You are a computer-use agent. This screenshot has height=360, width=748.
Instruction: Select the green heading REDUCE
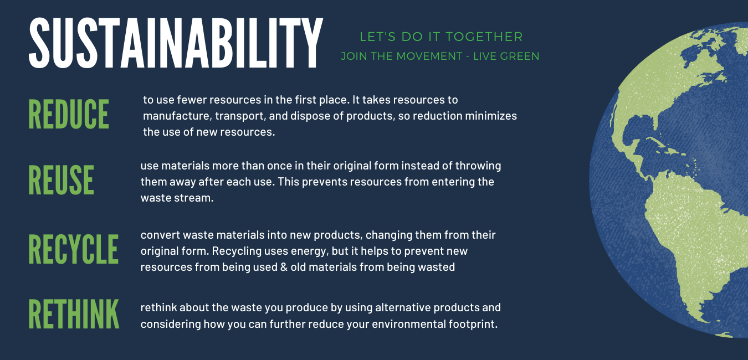[69, 114]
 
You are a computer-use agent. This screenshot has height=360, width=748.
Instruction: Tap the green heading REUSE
[61, 180]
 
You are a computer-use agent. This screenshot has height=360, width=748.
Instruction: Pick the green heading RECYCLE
[74, 249]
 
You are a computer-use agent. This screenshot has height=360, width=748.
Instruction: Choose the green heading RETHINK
[74, 314]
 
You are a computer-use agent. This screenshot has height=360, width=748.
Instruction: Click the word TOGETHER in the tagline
[484, 37]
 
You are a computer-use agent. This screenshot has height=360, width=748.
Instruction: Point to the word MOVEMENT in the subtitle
[429, 56]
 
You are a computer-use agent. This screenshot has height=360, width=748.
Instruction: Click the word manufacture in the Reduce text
[177, 116]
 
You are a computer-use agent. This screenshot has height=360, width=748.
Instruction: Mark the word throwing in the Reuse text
[478, 166]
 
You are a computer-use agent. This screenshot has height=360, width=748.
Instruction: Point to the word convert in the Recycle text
[160, 235]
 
